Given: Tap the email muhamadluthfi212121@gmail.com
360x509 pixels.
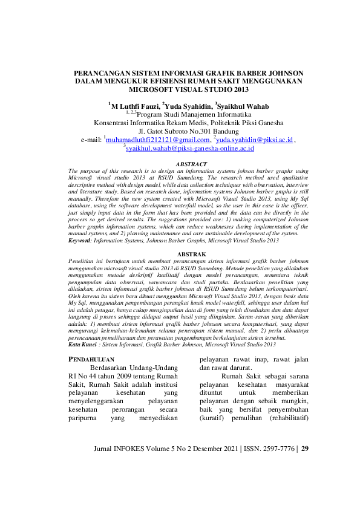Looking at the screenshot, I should click(x=154, y=139).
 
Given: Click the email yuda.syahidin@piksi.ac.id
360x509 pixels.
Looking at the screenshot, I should click(x=255, y=139).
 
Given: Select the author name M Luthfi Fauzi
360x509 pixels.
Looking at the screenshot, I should click(x=132, y=106).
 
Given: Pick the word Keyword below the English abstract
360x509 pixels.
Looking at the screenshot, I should click(x=80, y=239).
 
